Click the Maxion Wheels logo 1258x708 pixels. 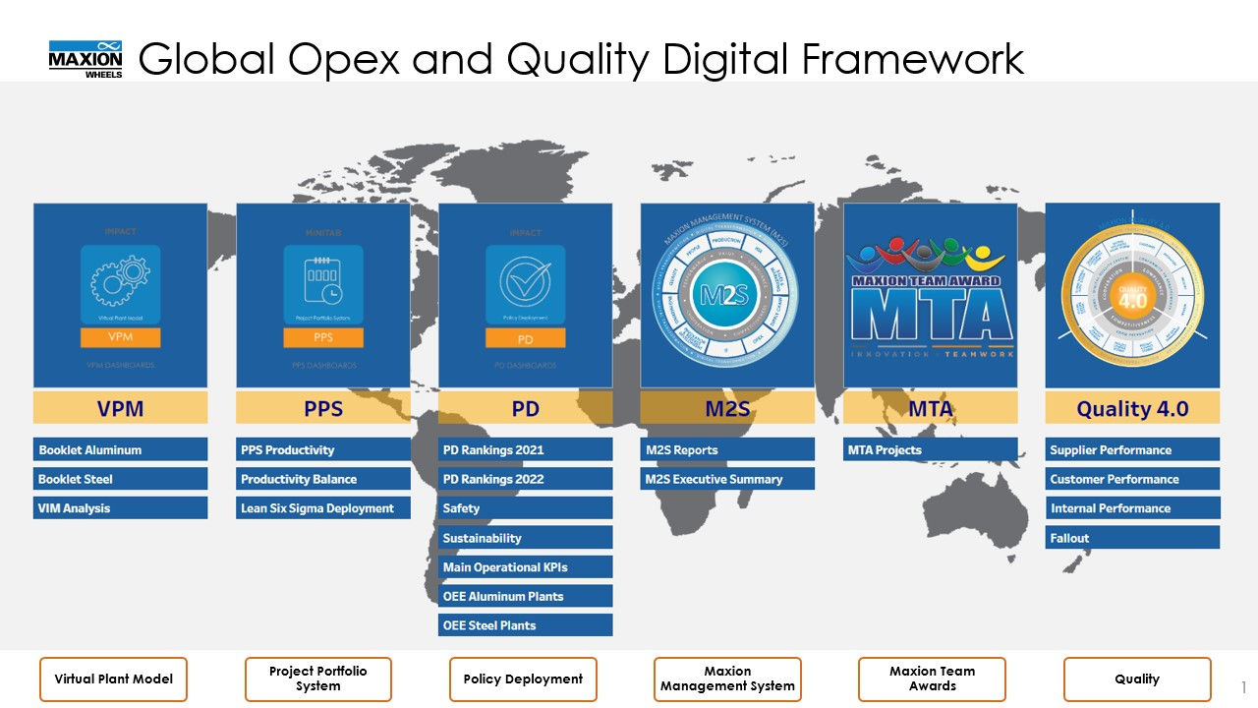click(x=86, y=59)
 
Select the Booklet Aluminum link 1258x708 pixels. click(x=120, y=449)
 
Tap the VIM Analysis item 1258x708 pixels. click(x=120, y=508)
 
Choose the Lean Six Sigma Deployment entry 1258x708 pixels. click(x=323, y=508)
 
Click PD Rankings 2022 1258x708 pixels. click(x=525, y=479)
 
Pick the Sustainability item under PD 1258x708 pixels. click(x=525, y=538)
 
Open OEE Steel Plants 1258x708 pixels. click(x=525, y=625)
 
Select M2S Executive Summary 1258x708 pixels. click(x=727, y=479)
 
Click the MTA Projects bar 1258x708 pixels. click(x=930, y=449)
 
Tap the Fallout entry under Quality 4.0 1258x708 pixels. click(x=1132, y=538)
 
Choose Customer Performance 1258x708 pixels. click(x=1132, y=479)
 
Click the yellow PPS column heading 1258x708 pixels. click(x=323, y=408)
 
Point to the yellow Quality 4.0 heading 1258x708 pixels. click(x=1132, y=408)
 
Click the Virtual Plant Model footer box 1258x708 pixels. click(x=113, y=678)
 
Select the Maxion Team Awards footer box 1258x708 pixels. click(x=932, y=678)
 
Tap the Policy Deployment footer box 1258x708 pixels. click(x=523, y=678)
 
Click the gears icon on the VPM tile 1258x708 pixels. click(x=120, y=282)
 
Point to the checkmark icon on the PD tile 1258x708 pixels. click(x=525, y=282)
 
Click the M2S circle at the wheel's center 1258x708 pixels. click(x=727, y=294)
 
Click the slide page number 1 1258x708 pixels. click(x=1243, y=686)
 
